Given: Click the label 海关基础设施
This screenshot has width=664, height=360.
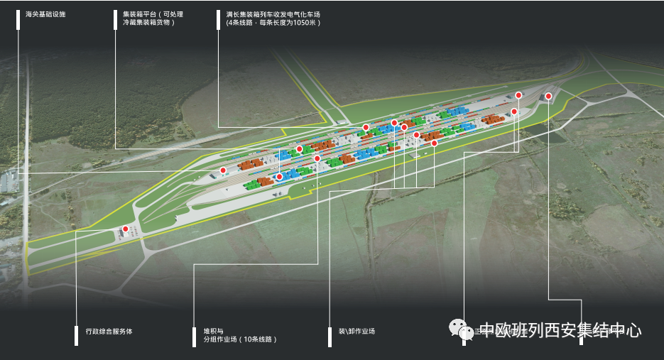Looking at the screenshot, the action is tap(45, 14).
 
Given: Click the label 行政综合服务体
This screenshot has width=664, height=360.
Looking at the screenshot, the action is tap(109, 331).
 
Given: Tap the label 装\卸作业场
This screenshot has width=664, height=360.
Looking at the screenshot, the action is tap(357, 331).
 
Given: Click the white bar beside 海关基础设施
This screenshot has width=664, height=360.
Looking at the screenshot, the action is tap(18, 19).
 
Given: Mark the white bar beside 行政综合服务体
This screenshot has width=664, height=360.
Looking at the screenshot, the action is tap(76, 335).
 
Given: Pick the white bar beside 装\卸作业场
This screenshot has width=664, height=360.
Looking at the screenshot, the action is tap(330, 335).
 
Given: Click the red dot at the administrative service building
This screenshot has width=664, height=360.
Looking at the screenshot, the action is tap(126, 229).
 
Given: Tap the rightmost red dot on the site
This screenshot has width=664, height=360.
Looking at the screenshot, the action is tap(548, 96).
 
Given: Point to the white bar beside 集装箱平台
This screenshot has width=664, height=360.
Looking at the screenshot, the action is tap(115, 19).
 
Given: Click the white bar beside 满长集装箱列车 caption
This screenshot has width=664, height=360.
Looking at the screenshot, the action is tap(219, 19).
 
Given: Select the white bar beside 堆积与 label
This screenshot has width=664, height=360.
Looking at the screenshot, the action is tap(195, 335).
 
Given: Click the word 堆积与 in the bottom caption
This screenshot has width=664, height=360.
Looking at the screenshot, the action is tap(214, 331).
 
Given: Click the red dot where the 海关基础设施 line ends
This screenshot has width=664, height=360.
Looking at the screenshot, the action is tap(223, 170).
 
